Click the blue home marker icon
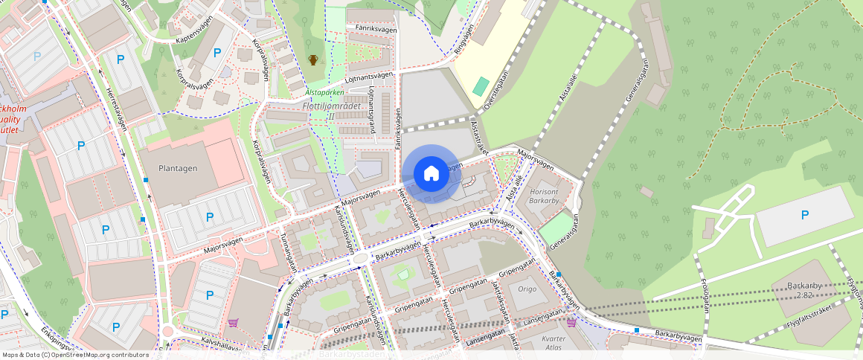pyautogui.click(x=431, y=174)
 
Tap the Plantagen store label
pyautogui.click(x=178, y=168)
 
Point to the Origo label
pyautogui.click(x=527, y=289)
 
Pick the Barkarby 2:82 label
pyautogui.click(x=795, y=290)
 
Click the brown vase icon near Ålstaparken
pyautogui.click(x=313, y=60)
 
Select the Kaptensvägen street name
pyautogui.click(x=196, y=37)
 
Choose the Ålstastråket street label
pyautogui.click(x=478, y=138)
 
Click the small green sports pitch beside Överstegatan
pyautogui.click(x=481, y=86)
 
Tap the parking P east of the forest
pyautogui.click(x=804, y=215)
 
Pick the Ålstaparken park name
pyautogui.click(x=324, y=93)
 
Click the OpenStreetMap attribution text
pyautogui.click(x=75, y=355)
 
